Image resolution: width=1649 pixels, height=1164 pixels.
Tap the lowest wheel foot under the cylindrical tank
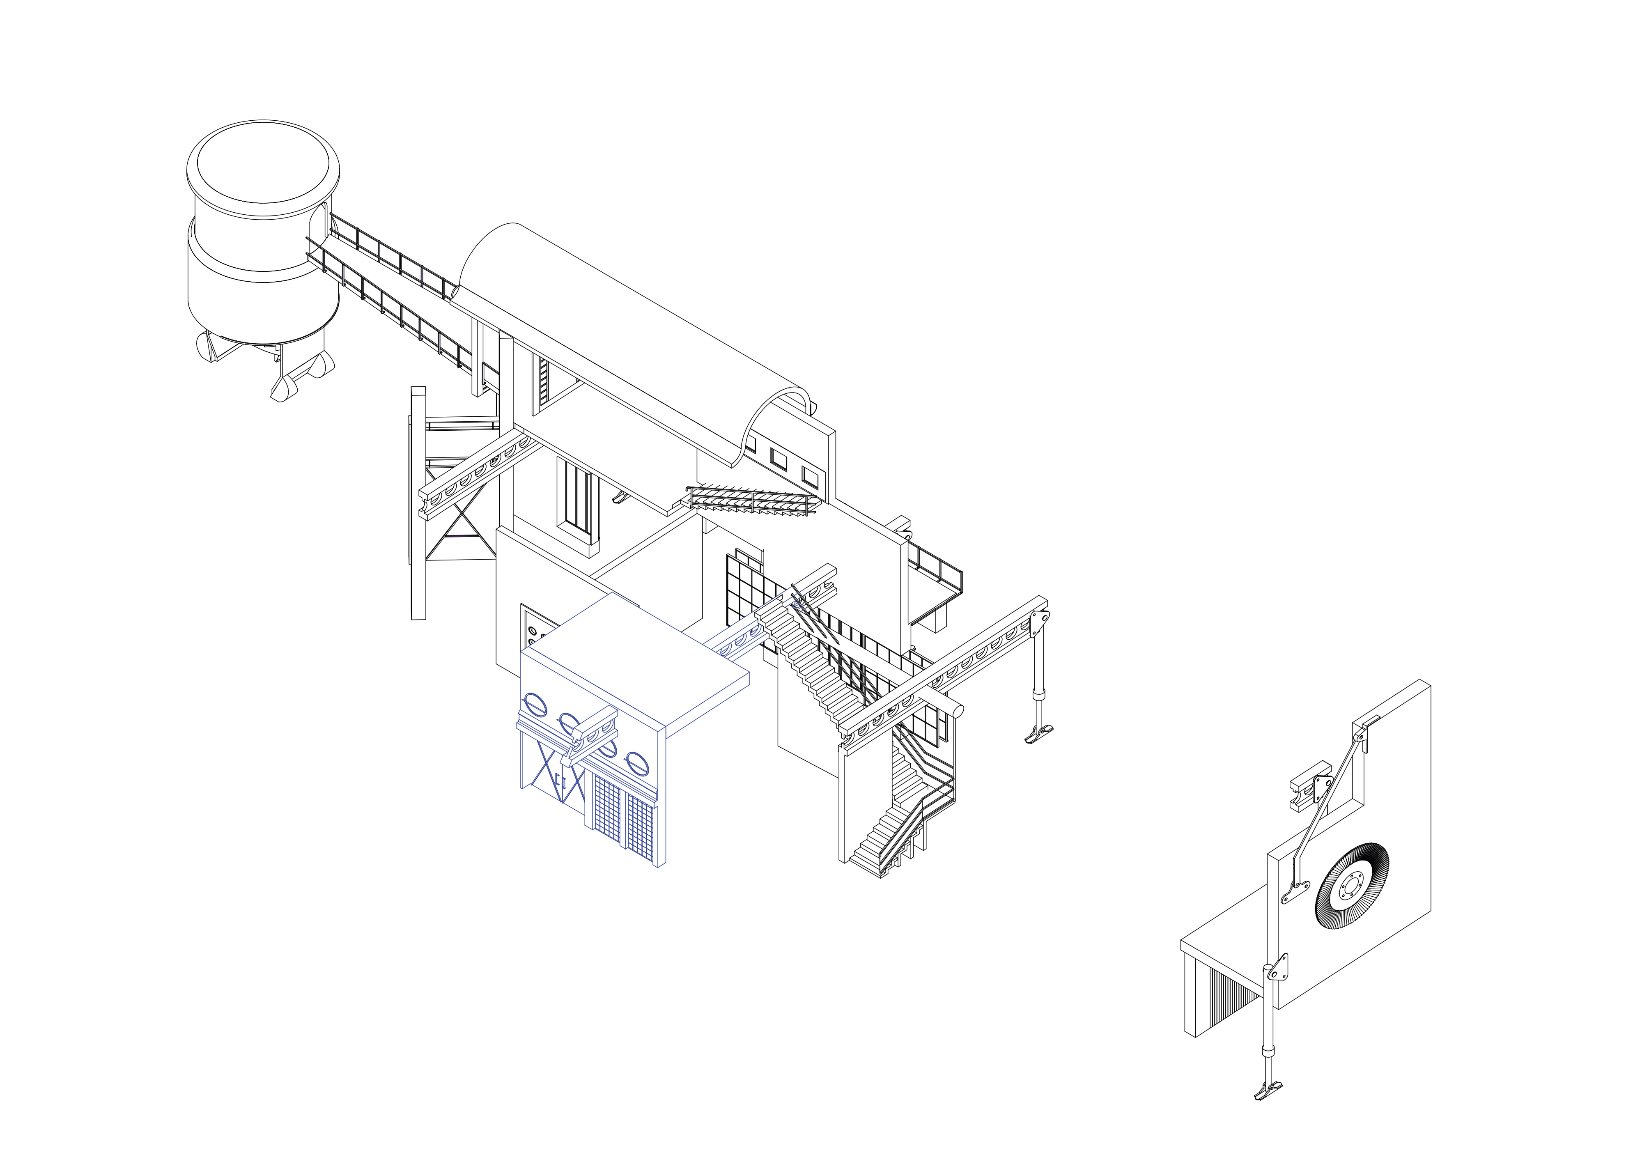pyautogui.click(x=284, y=387)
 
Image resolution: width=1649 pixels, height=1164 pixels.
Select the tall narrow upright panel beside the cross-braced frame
pyautogui.click(x=417, y=503)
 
